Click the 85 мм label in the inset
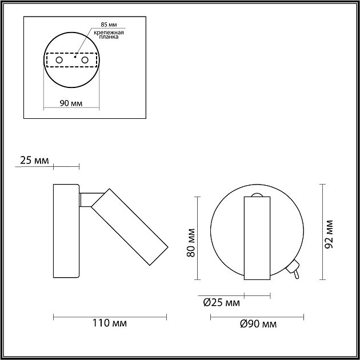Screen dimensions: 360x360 [109, 25]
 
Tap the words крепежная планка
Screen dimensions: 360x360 [109, 34]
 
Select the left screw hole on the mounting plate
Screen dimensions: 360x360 [59, 60]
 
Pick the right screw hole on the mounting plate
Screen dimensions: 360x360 [85, 60]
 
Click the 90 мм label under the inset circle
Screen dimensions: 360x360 [71, 103]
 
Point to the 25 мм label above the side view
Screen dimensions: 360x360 [34, 161]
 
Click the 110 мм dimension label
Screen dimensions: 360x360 [110, 323]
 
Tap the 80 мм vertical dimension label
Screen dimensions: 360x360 [191, 242]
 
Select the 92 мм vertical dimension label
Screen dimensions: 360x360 [329, 234]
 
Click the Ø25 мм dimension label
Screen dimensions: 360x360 [222, 303]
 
